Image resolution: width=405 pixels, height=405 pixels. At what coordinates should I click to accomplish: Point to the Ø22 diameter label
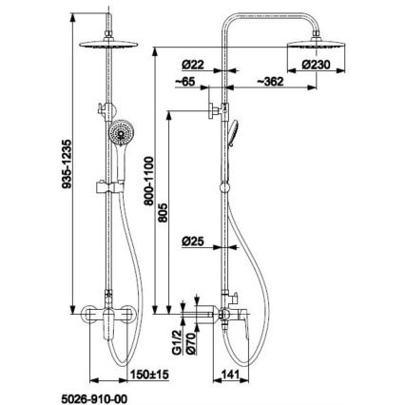click(x=194, y=65)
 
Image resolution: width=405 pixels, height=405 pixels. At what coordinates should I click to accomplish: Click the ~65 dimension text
click(x=186, y=84)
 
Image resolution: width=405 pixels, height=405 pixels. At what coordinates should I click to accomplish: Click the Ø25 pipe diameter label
click(x=194, y=241)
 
